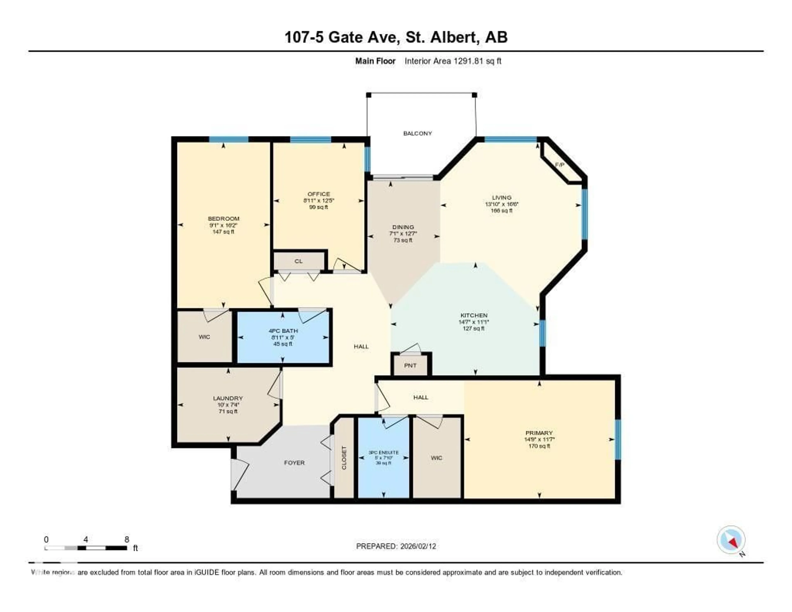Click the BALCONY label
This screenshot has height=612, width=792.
(417, 134)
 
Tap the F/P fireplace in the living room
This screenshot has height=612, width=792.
(560, 165)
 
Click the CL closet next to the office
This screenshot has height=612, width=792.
(298, 261)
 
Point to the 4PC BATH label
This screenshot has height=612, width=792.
(283, 331)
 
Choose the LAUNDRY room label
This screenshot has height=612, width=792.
(228, 398)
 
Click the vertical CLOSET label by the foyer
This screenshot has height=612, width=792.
(344, 458)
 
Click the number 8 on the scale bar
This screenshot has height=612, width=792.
(127, 539)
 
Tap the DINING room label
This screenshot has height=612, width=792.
(403, 227)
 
